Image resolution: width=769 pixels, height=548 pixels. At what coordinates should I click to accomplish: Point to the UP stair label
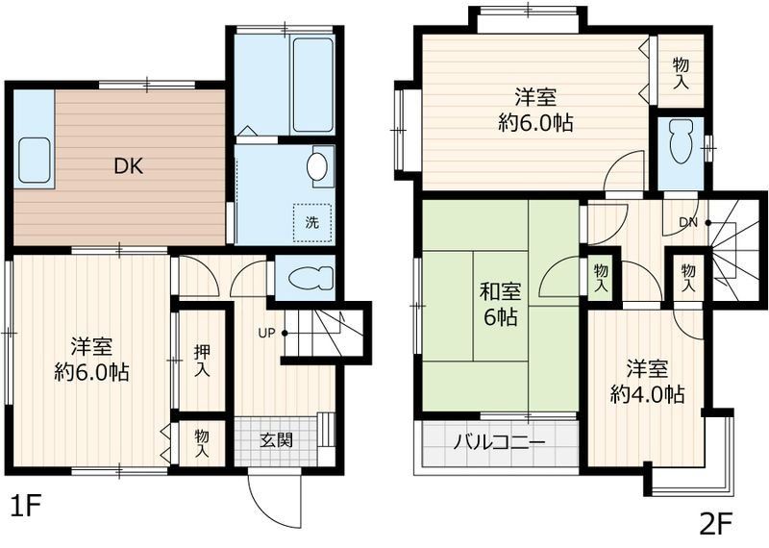pyautogui.click(x=266, y=333)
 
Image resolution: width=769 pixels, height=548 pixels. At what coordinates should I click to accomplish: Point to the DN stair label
pyautogui.click(x=688, y=223)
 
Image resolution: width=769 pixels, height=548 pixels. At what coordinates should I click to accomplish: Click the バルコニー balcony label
pyautogui.click(x=499, y=444)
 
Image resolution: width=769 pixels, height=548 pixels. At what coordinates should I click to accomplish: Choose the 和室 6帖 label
pyautogui.click(x=501, y=305)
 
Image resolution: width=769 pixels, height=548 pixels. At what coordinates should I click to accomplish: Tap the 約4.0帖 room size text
pyautogui.click(x=647, y=394)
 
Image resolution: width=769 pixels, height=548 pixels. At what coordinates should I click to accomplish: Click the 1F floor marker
pyautogui.click(x=28, y=503)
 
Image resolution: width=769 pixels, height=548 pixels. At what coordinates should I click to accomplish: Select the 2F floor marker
pyautogui.click(x=715, y=525)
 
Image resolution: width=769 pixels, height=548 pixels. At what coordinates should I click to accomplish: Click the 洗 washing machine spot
pyautogui.click(x=311, y=221)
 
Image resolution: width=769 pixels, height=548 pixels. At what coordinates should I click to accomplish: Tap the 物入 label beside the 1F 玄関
pyautogui.click(x=202, y=442)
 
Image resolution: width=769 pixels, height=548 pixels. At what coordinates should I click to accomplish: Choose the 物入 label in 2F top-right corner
pyautogui.click(x=681, y=73)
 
